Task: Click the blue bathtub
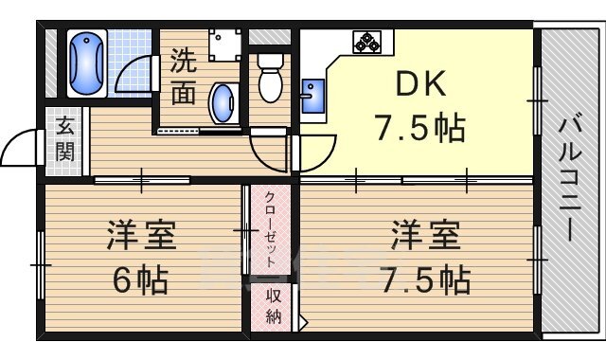coord(87,63)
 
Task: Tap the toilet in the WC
coord(269,78)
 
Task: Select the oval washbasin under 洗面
coord(223,102)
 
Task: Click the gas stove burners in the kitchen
coord(366,43)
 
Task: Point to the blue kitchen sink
coord(312,95)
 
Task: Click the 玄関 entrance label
coord(64,137)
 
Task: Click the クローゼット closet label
coord(271,229)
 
